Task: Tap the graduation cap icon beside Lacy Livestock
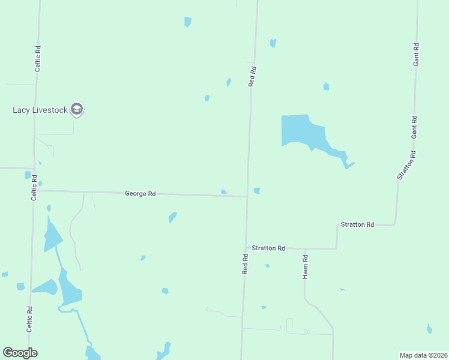click(x=76, y=109)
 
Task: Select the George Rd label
click(x=140, y=194)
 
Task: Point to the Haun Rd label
click(x=305, y=267)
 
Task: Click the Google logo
click(x=20, y=353)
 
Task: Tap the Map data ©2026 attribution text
click(x=423, y=355)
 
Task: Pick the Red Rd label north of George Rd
click(x=253, y=77)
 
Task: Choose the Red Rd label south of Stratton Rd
click(x=245, y=264)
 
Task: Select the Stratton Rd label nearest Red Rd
click(x=268, y=248)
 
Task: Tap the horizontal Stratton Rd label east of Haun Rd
click(x=357, y=224)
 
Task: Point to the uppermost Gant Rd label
click(x=415, y=54)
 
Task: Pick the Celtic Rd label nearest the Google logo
click(x=29, y=319)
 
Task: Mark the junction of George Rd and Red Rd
click(x=247, y=196)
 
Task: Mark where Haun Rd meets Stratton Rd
click(x=305, y=248)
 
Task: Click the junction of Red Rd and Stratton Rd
click(x=246, y=248)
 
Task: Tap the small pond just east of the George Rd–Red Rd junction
click(x=257, y=191)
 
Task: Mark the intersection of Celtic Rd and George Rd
click(x=34, y=191)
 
